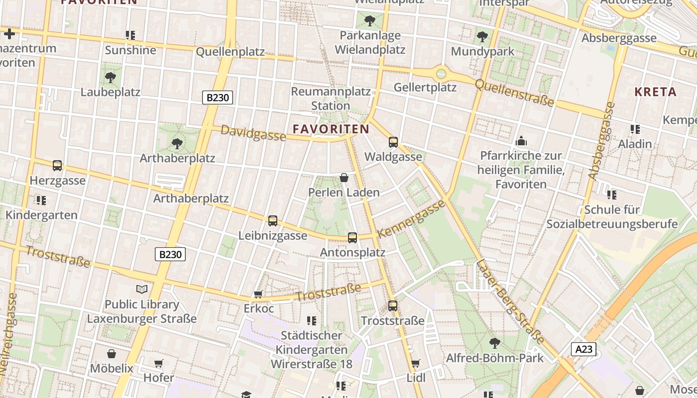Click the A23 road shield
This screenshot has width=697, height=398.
pos(583,349)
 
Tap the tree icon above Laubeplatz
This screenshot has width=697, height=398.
pos(111,78)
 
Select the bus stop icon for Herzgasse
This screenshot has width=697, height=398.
pos(57,166)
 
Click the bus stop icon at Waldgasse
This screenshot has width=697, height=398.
pos(393,142)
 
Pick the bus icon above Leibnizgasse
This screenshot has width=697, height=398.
pos(272,221)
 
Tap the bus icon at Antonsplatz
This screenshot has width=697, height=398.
pos(352,238)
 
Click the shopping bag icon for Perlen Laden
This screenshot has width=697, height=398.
pos(344,178)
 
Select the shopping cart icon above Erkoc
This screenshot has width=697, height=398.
pos(258,295)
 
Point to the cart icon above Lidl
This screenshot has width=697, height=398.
pos(416,364)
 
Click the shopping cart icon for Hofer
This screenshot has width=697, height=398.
pos(158,364)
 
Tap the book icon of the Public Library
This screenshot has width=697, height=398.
pos(142,289)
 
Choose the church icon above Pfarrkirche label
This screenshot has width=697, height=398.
pos(521,141)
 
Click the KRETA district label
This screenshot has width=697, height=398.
pos(655,92)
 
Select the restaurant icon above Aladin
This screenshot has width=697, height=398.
pos(635,130)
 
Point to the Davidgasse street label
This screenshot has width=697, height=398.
pos(253,133)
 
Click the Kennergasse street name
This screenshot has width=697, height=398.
pos(411,219)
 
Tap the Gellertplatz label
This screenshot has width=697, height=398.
pos(425,88)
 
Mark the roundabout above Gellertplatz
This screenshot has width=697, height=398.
pos(441,74)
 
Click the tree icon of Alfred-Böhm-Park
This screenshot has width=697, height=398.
pos(494,343)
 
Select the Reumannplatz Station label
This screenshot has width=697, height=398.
pos(331,99)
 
